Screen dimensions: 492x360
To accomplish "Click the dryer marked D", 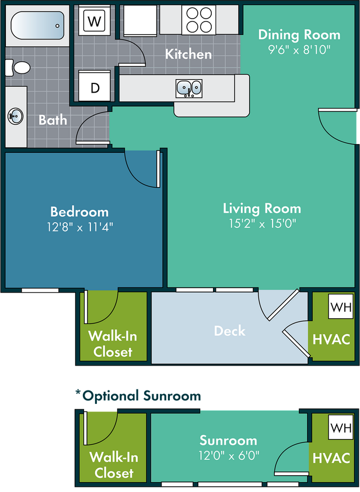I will click(95, 89).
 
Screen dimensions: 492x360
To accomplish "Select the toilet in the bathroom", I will click(19, 68).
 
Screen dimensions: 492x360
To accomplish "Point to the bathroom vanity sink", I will click(15, 115).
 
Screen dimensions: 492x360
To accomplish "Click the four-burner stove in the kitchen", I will click(199, 19).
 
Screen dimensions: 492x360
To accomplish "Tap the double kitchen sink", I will click(189, 88).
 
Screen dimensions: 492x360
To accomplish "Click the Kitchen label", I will click(188, 54).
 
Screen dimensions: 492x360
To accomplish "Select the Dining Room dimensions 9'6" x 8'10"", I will click(299, 50).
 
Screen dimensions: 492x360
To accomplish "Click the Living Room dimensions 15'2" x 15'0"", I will click(262, 223).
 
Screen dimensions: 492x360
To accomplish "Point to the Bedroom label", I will click(79, 212).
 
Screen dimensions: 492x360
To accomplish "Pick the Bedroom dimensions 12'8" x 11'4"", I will click(79, 226).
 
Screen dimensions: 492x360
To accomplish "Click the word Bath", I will click(53, 120).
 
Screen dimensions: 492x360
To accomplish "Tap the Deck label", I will click(230, 331).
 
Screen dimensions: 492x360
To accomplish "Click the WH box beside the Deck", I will click(340, 307).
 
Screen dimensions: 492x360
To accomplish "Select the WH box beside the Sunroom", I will click(340, 428).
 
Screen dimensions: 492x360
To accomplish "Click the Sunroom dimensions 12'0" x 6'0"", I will click(229, 455).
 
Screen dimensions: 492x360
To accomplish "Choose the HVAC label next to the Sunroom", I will click(331, 458).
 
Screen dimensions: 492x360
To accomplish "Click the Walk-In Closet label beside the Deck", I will click(113, 344).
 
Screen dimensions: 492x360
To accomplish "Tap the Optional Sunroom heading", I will click(138, 396).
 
